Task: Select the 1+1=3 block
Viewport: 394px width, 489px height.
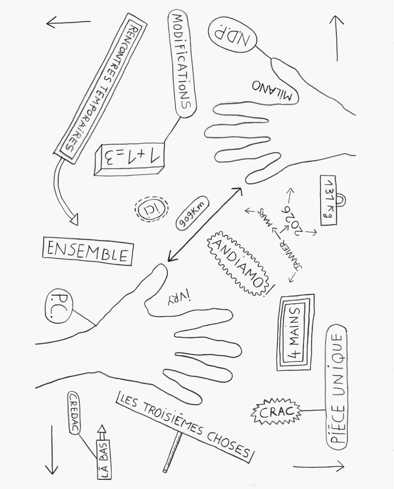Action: [129, 159]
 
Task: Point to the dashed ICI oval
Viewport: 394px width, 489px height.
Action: [151, 208]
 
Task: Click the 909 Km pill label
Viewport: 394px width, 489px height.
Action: [192, 213]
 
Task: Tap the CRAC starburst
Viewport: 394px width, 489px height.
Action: [276, 412]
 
